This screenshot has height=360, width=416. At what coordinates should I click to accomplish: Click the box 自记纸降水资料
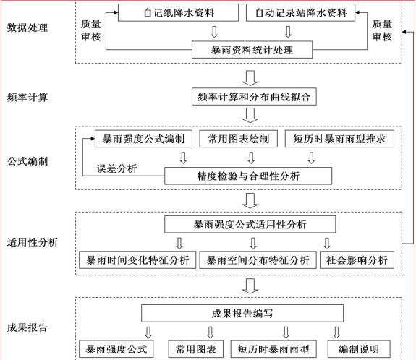(178, 12)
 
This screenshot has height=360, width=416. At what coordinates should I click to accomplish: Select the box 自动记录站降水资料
(300, 12)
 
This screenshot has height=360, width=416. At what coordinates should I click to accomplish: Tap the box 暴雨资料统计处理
(252, 50)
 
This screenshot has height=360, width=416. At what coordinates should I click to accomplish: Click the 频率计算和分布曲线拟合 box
(254, 96)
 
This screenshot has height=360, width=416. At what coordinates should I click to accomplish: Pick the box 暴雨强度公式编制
(143, 139)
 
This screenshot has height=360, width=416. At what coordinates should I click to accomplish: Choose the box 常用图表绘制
(239, 139)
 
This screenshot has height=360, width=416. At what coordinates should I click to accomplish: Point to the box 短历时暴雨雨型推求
(339, 139)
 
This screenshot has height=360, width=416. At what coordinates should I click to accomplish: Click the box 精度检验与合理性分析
(248, 176)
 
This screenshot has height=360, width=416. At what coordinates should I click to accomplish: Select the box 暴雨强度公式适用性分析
(250, 224)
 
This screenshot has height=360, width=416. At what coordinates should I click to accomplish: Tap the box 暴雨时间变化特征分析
(137, 260)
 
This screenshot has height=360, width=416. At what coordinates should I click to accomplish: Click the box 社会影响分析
(357, 260)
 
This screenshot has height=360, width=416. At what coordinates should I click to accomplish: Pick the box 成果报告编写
(242, 313)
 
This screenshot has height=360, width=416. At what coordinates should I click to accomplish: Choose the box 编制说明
(359, 349)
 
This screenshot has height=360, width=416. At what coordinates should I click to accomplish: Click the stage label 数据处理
(27, 27)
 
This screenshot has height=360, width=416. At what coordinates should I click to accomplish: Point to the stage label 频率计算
(27, 98)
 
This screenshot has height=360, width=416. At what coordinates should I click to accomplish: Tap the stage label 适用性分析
(33, 242)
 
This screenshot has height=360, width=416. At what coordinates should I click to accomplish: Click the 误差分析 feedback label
(116, 168)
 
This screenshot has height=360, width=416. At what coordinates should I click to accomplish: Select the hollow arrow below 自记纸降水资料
(214, 32)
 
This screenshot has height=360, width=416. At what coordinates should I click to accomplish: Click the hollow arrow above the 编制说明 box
(336, 333)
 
